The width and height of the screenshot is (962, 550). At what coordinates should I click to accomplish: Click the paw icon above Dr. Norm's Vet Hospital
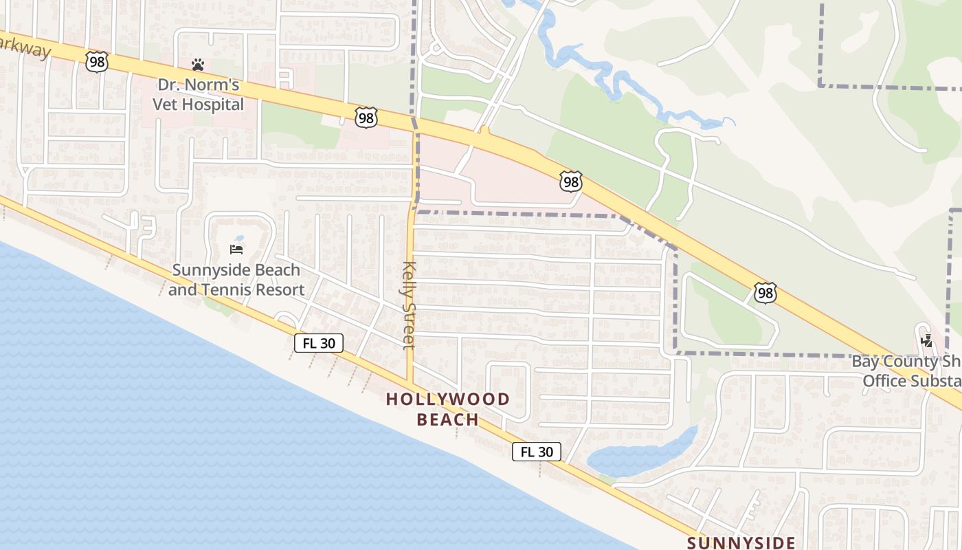coord(198,65)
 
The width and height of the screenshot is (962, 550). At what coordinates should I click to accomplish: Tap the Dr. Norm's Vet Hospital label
coord(198,95)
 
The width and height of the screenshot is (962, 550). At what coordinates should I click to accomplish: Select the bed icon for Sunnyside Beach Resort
coord(236,249)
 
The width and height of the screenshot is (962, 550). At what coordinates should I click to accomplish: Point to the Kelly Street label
coord(409,304)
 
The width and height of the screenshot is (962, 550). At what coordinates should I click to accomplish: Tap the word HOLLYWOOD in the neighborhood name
coord(447,399)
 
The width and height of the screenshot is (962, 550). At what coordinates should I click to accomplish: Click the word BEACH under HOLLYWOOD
coord(447,419)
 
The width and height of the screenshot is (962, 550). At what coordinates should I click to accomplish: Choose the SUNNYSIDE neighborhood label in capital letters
coord(741,542)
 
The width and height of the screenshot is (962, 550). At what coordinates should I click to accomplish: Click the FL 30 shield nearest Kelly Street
coord(318,343)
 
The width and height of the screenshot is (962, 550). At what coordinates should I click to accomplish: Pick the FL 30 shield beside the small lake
coord(536,452)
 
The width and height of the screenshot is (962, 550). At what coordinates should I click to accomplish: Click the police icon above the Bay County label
coord(928,340)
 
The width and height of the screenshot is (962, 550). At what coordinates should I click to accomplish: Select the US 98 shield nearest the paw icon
coord(97,62)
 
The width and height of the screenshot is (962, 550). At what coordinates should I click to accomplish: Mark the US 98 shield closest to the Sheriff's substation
coord(765,293)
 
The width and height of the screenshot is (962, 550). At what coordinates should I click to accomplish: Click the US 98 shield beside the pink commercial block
coord(571,181)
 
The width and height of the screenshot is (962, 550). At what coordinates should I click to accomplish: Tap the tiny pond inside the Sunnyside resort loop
coord(238,239)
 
